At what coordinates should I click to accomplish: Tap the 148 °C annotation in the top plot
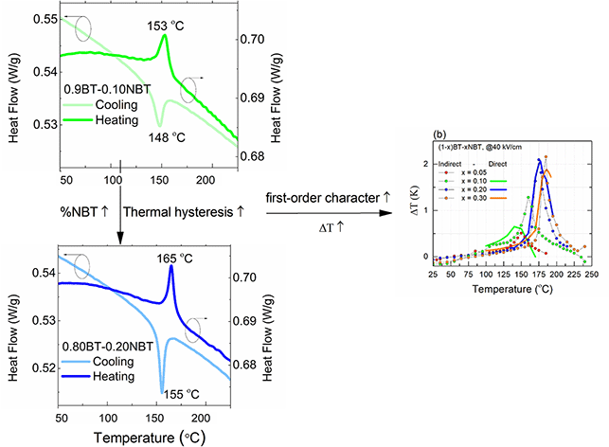tap(167, 135)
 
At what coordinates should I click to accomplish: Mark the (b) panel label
tap(438, 134)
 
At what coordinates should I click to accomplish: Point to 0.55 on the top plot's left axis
tap(43, 19)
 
